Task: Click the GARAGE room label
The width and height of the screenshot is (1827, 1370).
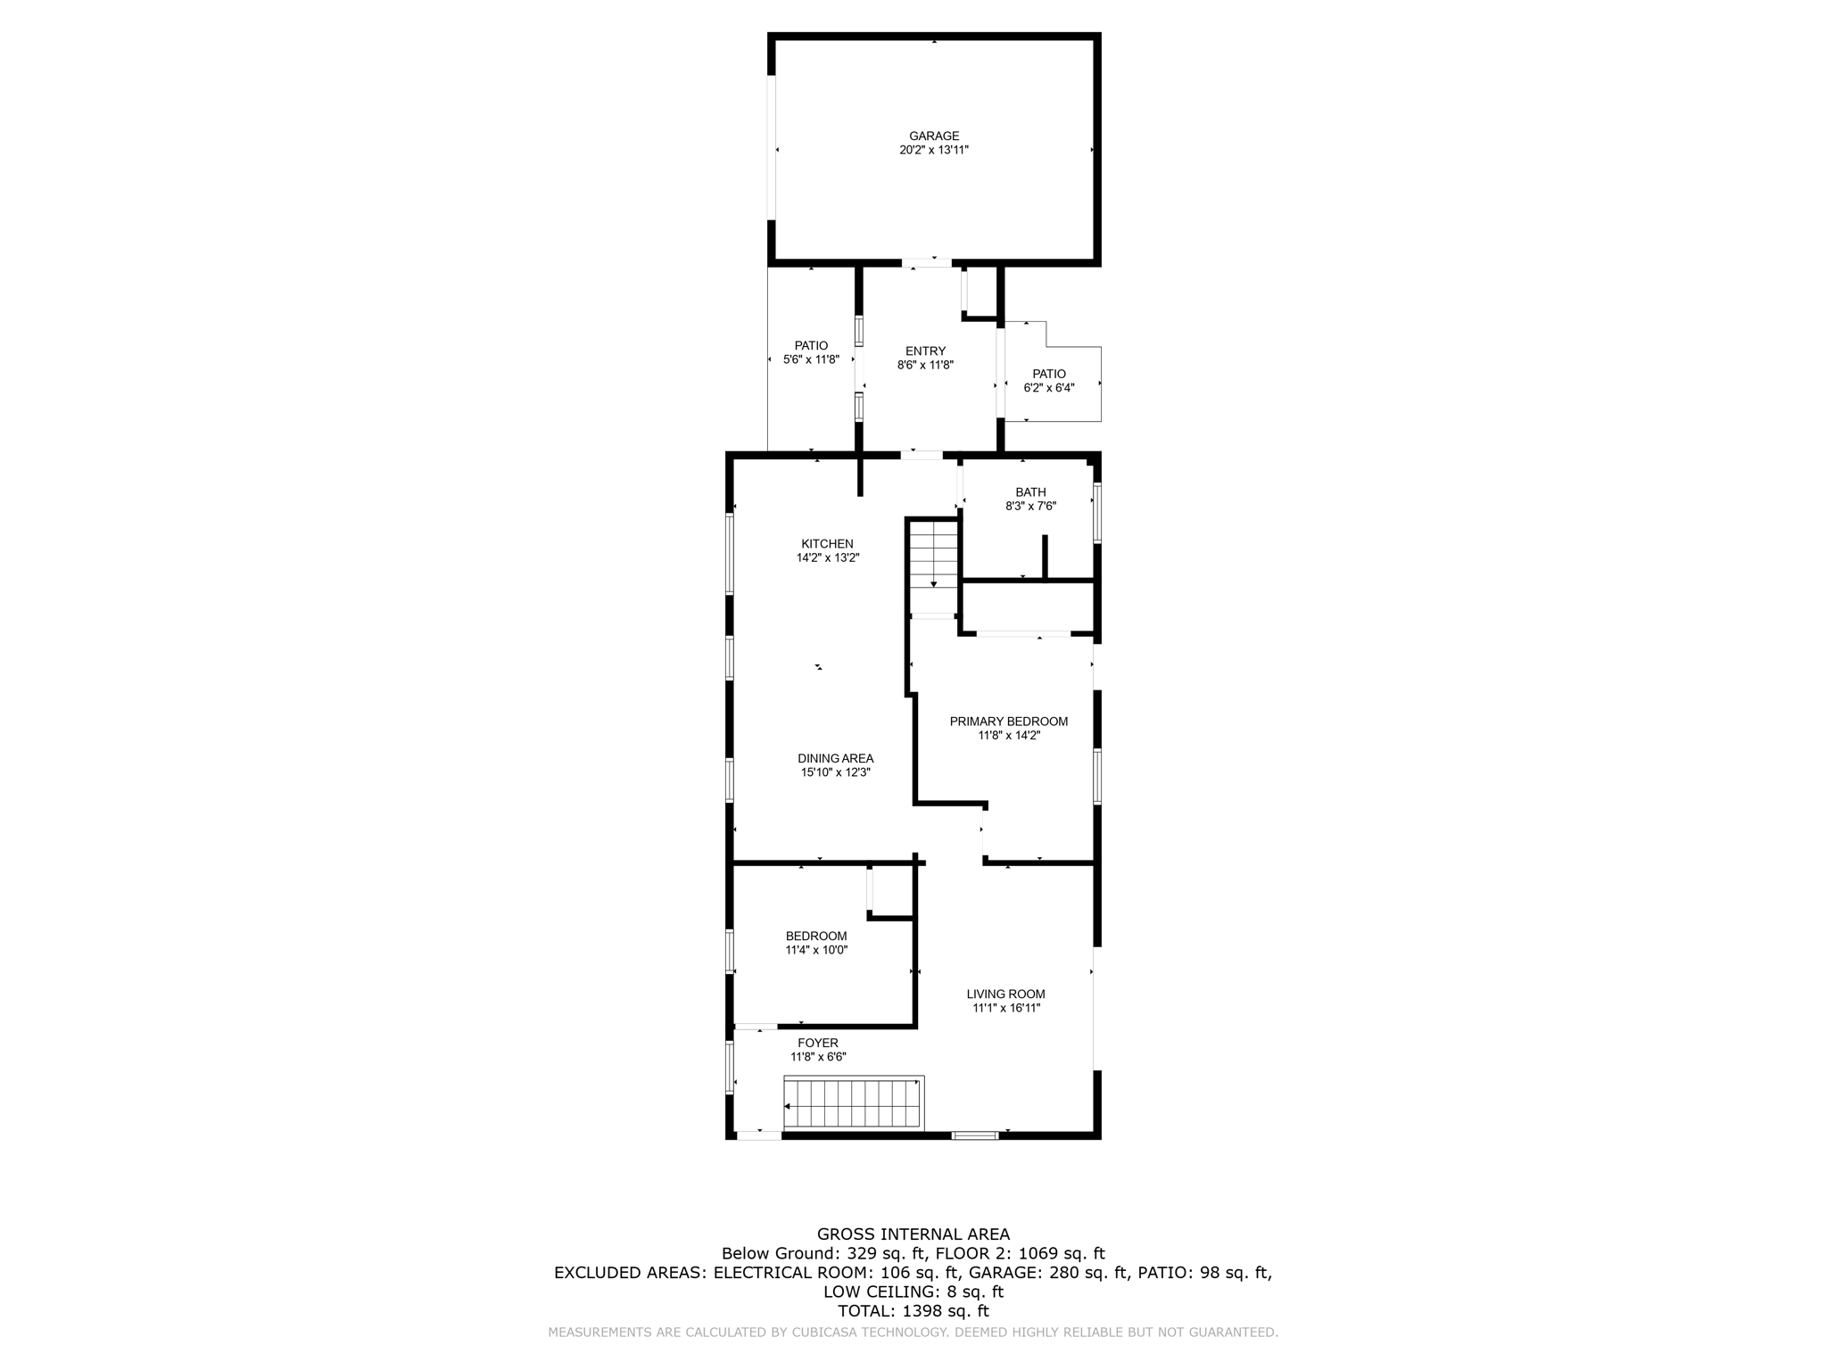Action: [934, 136]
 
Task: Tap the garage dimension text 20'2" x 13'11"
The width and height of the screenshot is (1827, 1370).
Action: [934, 151]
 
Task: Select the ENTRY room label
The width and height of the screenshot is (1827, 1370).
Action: [925, 351]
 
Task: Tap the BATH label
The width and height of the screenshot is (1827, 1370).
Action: [1030, 492]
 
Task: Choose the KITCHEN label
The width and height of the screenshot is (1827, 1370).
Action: [827, 544]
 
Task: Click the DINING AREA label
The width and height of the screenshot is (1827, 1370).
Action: [835, 759]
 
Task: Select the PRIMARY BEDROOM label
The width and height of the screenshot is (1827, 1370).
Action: [1008, 722]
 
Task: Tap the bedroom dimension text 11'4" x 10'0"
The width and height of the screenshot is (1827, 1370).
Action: [816, 951]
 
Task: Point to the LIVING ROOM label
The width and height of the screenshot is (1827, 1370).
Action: [1005, 994]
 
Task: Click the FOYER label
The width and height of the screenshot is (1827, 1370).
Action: [818, 1043]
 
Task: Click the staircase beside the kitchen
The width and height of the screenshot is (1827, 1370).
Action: [933, 566]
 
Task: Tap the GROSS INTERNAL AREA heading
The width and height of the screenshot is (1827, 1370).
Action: [913, 1234]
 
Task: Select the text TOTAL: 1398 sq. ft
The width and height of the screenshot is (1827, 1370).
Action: [913, 1311]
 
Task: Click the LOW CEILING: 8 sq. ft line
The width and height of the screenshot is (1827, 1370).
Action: [913, 1292]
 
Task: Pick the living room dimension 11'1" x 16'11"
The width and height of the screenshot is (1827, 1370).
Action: [1006, 1009]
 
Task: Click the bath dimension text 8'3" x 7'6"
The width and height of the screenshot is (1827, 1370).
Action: [1030, 507]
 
